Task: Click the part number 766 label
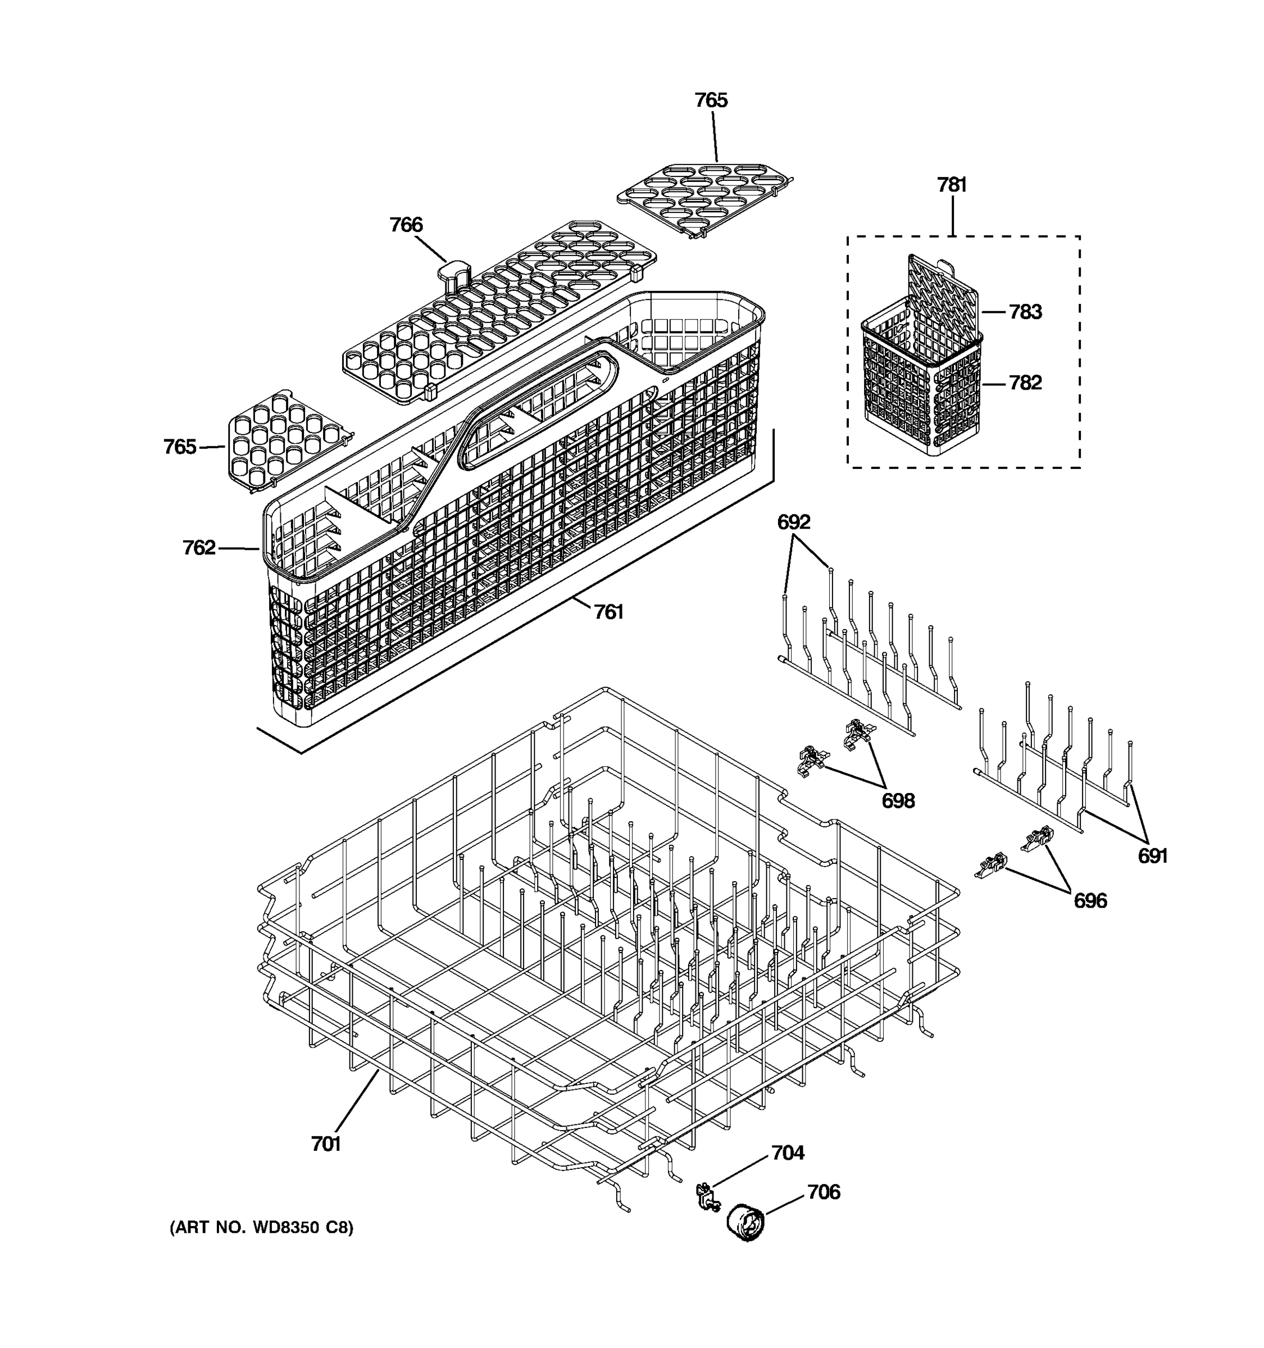(406, 225)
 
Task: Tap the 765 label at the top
(711, 101)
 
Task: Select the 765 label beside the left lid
(180, 447)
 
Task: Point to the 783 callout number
(1025, 312)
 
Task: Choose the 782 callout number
(1025, 383)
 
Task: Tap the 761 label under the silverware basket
(608, 612)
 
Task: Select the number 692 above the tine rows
(793, 522)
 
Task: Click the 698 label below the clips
(898, 801)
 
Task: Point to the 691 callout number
(1152, 857)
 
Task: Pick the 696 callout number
(1090, 900)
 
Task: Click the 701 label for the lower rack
(325, 1144)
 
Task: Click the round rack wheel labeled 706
(745, 1223)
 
